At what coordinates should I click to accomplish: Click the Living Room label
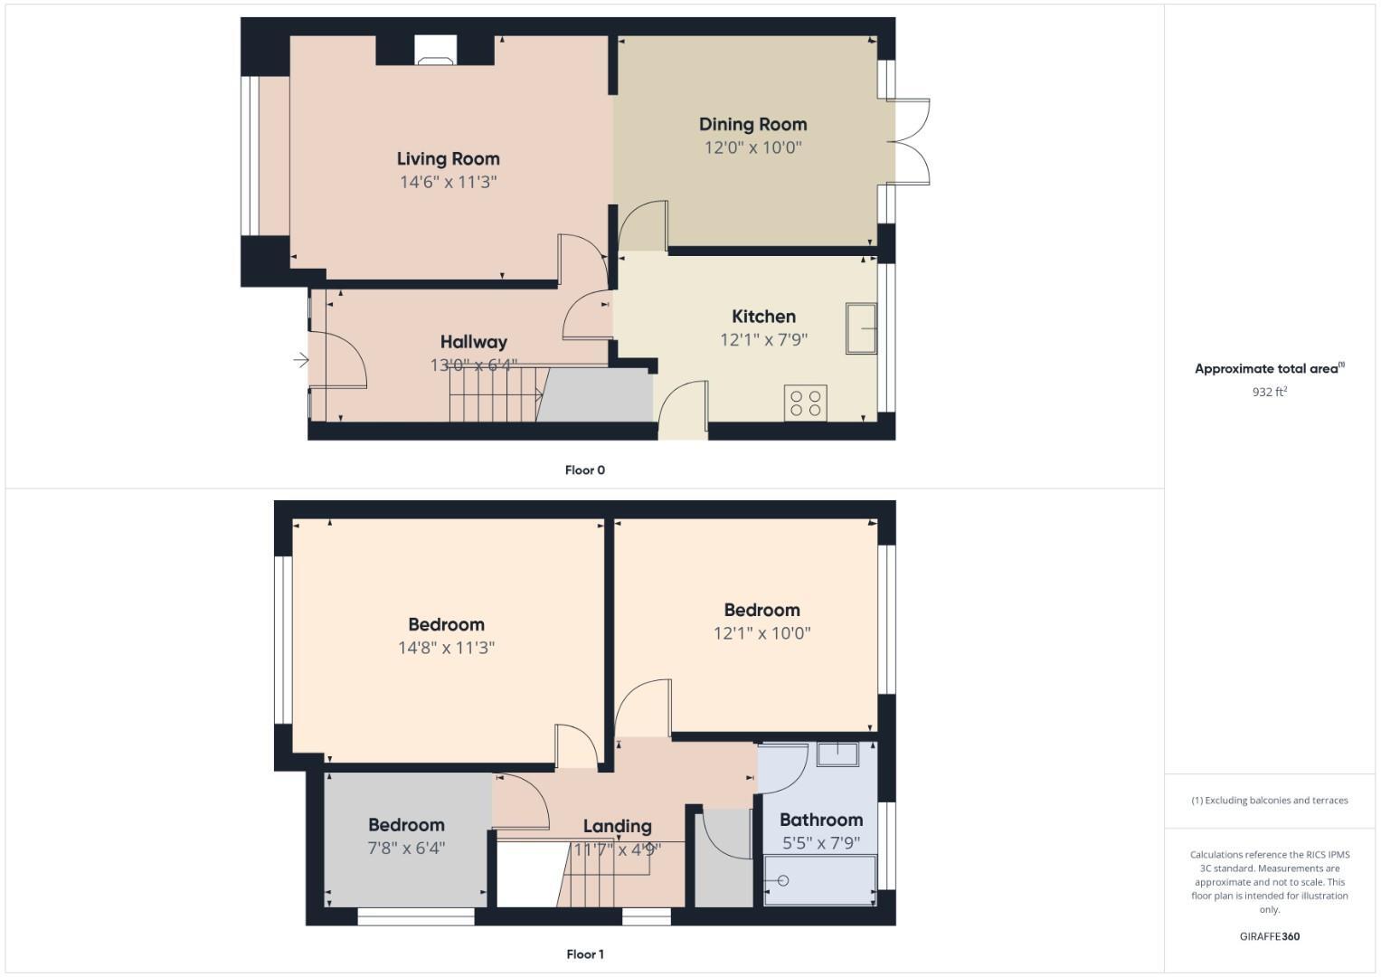448,158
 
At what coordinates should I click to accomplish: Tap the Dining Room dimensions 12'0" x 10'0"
752,147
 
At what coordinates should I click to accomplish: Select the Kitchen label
763,316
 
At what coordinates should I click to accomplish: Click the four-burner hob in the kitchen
805,403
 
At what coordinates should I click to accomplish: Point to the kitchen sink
861,328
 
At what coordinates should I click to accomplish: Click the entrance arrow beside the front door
301,361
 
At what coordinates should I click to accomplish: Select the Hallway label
473,341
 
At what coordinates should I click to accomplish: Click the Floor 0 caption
584,470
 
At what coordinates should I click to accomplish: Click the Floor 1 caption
584,953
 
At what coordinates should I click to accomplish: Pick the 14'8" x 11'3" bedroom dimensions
446,648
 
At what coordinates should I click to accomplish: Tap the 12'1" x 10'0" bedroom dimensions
761,633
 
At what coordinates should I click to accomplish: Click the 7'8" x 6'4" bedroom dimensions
406,849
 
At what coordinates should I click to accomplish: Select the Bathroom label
820,820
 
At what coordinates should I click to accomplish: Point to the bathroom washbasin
837,754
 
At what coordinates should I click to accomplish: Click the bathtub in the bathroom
819,880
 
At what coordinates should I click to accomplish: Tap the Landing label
617,826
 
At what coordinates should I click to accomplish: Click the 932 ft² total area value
1269,392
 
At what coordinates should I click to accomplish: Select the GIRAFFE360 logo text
1269,936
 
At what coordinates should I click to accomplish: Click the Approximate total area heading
1269,368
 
